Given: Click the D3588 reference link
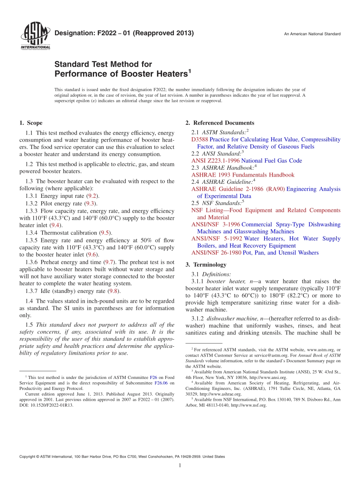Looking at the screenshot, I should tap(200, 139).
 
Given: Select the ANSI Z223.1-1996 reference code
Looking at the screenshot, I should tap(215, 161).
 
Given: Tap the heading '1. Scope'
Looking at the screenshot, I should tap(31, 123).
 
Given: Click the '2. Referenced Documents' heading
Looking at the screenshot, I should tap(220, 123).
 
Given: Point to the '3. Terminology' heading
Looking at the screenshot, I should tap(206, 264).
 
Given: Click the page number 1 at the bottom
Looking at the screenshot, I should tap(180, 465).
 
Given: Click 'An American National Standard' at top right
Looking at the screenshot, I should tap(312, 34).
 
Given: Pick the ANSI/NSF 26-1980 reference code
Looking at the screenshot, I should tap(216, 253).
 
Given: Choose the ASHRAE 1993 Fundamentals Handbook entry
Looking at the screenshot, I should tap(243, 175).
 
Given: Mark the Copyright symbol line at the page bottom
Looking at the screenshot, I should tap(122, 457).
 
